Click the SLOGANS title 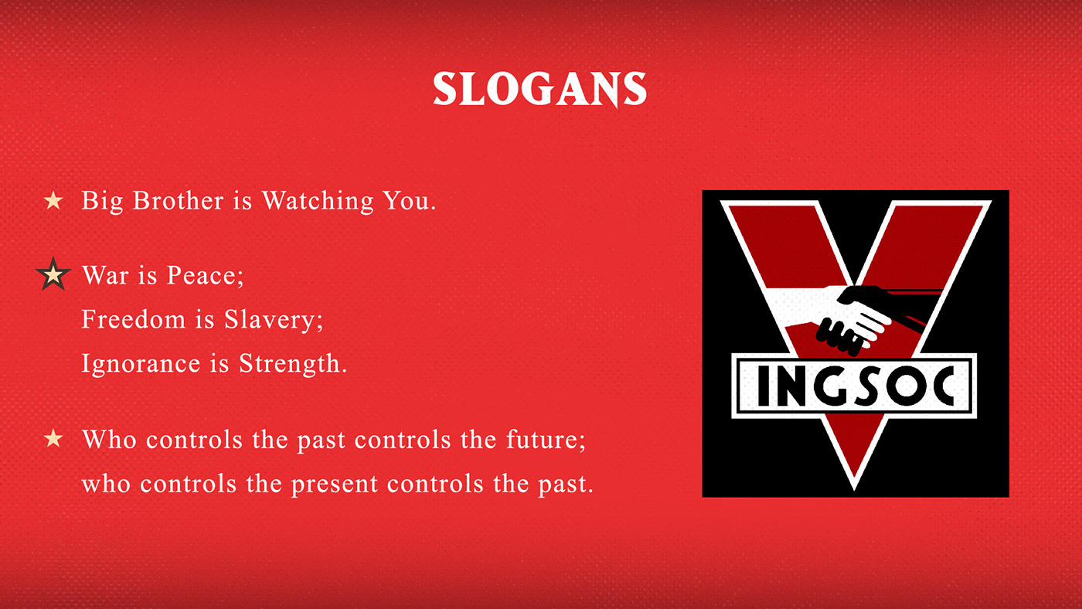[x=539, y=89]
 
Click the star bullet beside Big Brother [x=53, y=200]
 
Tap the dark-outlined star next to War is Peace [x=53, y=274]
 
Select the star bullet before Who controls [x=53, y=438]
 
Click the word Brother [x=178, y=200]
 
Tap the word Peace [x=206, y=275]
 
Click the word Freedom [x=133, y=319]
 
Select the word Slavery [x=274, y=320]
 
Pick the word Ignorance [x=141, y=364]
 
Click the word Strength [x=293, y=364]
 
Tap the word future [x=546, y=440]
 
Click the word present [x=335, y=485]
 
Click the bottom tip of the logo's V [x=854, y=490]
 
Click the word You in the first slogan [x=410, y=200]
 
